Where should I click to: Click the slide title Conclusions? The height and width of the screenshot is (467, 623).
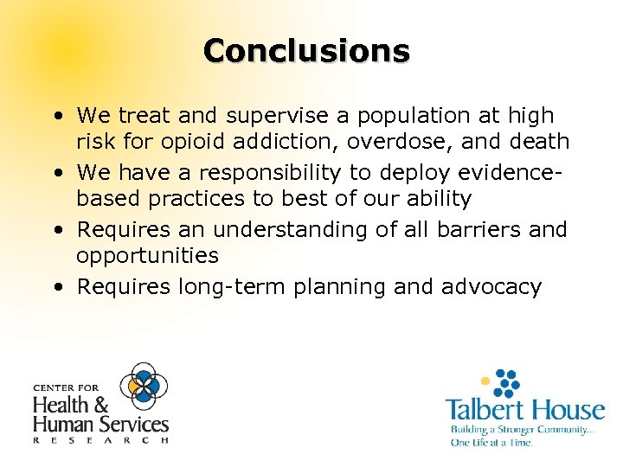coord(306,50)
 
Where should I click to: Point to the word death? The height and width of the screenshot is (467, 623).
coord(539,141)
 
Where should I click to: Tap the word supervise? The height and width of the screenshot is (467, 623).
coord(264,115)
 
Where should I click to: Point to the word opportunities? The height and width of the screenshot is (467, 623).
coord(146,257)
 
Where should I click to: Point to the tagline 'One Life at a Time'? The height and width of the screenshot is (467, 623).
coord(491,443)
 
